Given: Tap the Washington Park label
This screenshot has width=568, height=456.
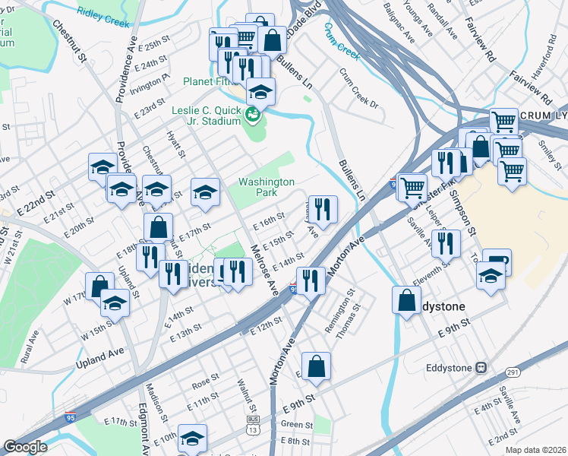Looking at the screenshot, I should tap(266, 187).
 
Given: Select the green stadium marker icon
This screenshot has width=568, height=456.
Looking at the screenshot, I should tap(253, 115).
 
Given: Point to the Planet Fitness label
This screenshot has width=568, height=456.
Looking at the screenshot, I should tap(213, 81).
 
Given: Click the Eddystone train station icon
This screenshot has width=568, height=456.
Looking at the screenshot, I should tap(481, 367).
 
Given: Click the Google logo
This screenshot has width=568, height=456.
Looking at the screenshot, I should tap(25, 447).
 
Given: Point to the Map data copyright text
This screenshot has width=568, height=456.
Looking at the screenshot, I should tap(535, 450).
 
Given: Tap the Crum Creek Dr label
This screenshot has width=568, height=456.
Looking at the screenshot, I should tap(358, 89).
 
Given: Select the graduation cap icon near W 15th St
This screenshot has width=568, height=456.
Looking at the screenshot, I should tap(115, 302).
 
